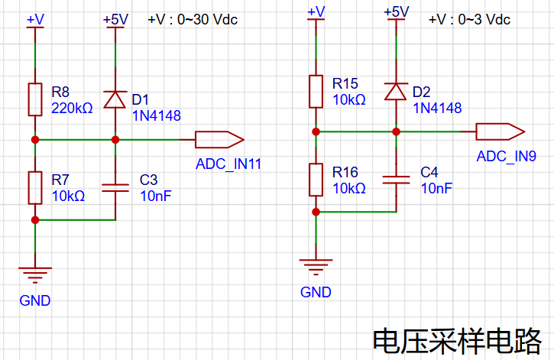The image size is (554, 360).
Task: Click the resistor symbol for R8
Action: (x=35, y=99)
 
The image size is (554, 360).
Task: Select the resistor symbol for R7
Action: (x=35, y=188)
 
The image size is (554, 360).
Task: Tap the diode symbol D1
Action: (x=115, y=99)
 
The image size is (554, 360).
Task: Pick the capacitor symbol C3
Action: (x=115, y=188)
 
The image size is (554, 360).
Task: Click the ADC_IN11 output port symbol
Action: (x=219, y=140)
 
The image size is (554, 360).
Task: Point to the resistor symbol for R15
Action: (x=316, y=92)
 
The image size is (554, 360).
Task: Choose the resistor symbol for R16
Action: (x=316, y=180)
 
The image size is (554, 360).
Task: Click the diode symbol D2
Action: (x=396, y=92)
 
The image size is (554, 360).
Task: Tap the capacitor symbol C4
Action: (x=396, y=180)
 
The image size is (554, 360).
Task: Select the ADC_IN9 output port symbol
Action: (x=501, y=131)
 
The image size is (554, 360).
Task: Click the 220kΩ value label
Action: (x=72, y=108)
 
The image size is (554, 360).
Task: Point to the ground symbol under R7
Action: (x=35, y=275)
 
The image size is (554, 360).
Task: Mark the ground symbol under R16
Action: (x=316, y=267)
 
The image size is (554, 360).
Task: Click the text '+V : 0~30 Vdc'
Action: (x=193, y=19)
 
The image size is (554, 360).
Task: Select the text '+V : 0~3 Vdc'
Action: (x=469, y=19)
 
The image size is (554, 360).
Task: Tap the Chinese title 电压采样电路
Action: (x=457, y=341)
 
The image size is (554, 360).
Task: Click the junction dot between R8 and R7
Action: (x=35, y=140)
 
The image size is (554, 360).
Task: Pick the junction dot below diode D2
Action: (x=396, y=131)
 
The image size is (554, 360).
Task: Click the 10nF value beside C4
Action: (x=436, y=188)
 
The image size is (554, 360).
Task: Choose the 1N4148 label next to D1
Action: (x=157, y=116)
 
